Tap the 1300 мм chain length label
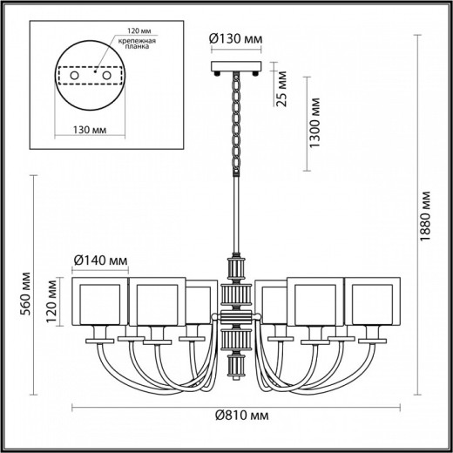pyautogui.click(x=319, y=123)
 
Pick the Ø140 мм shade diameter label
pyautogui.click(x=103, y=259)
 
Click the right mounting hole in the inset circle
pyautogui.click(x=108, y=77)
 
